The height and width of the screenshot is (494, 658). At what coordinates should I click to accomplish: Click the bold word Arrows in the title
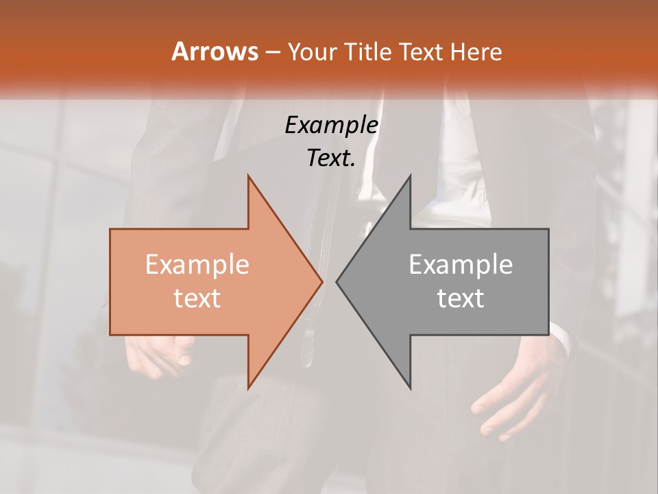pos(214,51)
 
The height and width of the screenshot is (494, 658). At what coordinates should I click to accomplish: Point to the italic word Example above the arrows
pos(331,125)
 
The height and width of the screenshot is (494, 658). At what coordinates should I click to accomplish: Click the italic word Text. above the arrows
pos(331,158)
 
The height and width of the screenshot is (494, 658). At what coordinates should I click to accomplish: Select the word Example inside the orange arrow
pos(197,265)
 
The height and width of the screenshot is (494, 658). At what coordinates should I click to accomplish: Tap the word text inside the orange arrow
pos(197,298)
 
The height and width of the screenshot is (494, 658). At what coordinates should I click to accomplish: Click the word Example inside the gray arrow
pos(461,265)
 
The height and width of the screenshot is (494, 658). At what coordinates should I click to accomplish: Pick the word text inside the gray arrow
pos(461,298)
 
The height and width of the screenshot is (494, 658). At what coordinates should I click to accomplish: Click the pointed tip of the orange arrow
pos(322,281)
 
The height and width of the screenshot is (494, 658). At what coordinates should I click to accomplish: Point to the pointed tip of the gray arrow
pos(337,281)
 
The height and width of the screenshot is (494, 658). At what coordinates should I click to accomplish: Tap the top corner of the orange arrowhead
pos(248,176)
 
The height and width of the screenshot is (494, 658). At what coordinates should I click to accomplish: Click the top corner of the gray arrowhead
pos(410,176)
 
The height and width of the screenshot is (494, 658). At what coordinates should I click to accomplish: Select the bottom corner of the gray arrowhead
pos(410,388)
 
